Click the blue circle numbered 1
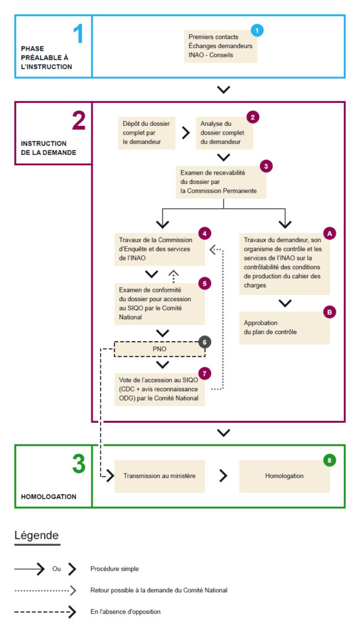(x=257, y=30)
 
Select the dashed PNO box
(x=160, y=349)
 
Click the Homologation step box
(x=284, y=476)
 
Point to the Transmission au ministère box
(x=160, y=476)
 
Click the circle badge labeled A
(x=330, y=233)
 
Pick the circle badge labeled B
(x=330, y=312)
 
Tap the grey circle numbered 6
(x=205, y=342)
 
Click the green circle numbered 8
(x=330, y=459)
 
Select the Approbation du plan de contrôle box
(x=284, y=328)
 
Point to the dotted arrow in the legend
(x=45, y=591)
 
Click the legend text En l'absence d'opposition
(x=125, y=612)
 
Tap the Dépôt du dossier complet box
(x=147, y=133)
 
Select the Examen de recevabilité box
(x=222, y=181)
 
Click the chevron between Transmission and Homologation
(x=223, y=476)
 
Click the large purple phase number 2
(x=79, y=121)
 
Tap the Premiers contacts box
(x=220, y=46)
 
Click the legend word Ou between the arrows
(x=57, y=569)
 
